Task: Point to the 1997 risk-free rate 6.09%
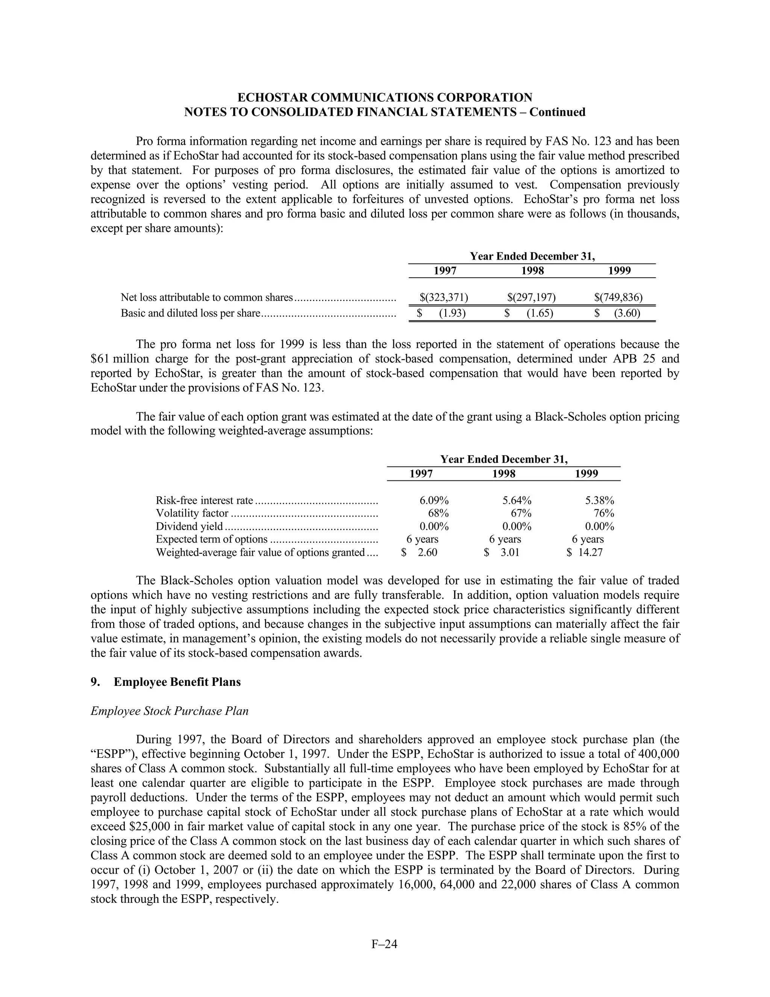(x=434, y=500)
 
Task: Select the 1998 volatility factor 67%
(x=521, y=513)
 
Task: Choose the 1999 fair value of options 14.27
(x=590, y=552)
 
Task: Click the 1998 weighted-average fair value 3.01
(x=508, y=552)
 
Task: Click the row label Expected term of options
(x=211, y=539)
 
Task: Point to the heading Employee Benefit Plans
(x=177, y=682)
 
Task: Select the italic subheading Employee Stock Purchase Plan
(x=169, y=711)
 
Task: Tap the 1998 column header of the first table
(x=532, y=271)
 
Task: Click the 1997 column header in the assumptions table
(x=421, y=474)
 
